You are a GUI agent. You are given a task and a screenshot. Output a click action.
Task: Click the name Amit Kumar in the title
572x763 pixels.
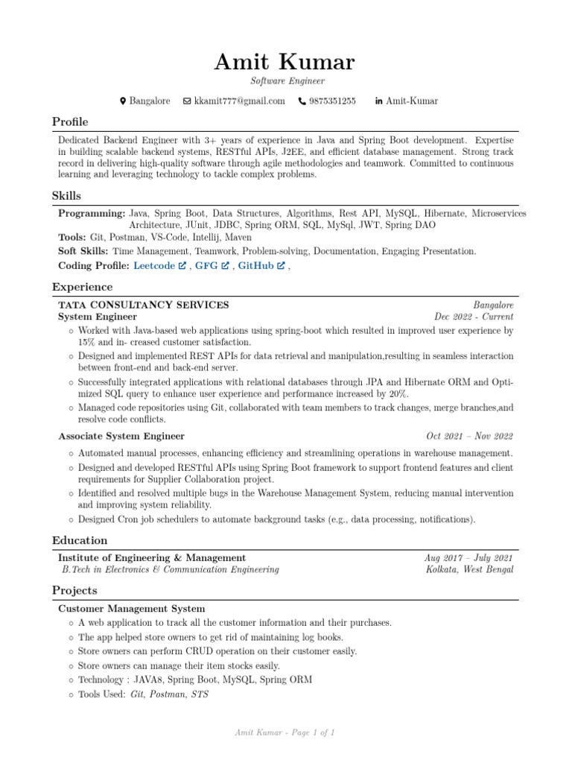click(x=285, y=62)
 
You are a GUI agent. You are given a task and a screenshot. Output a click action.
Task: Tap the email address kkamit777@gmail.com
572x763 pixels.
click(x=239, y=101)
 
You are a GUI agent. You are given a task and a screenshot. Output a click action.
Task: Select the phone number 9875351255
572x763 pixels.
click(x=332, y=101)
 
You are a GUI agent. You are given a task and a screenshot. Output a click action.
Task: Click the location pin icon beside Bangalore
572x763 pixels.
click(x=123, y=101)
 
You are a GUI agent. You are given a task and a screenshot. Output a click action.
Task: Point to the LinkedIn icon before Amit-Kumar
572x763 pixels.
click(x=378, y=101)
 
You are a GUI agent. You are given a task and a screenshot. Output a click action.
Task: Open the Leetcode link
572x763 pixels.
click(x=154, y=265)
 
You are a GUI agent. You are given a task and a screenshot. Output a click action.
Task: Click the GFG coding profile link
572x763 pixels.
click(x=206, y=265)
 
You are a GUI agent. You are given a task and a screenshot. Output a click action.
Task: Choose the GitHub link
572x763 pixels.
click(x=255, y=265)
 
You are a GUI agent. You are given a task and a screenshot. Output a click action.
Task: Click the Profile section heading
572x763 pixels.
click(x=70, y=122)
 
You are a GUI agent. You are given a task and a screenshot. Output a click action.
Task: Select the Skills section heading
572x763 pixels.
click(x=66, y=196)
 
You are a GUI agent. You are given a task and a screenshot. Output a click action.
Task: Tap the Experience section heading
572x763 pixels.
click(x=82, y=287)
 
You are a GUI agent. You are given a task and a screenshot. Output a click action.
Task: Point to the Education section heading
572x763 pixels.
click(x=80, y=540)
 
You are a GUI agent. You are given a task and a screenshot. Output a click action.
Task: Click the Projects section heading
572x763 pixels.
click(x=74, y=590)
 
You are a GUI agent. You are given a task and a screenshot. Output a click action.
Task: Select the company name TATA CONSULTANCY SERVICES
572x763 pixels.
click(x=144, y=305)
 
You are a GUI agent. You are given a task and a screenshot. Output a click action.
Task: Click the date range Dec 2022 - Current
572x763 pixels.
click(x=474, y=317)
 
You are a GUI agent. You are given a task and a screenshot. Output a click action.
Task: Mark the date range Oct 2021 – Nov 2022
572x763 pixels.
click(x=469, y=436)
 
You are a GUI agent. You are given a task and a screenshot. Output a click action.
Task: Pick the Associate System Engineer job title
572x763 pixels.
click(x=121, y=436)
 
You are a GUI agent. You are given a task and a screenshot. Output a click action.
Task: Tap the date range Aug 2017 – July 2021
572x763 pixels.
click(x=468, y=557)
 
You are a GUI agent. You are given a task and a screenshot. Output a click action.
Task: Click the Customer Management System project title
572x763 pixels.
click(x=132, y=609)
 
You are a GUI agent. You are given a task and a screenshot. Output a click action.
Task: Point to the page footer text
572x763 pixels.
click(x=285, y=733)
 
